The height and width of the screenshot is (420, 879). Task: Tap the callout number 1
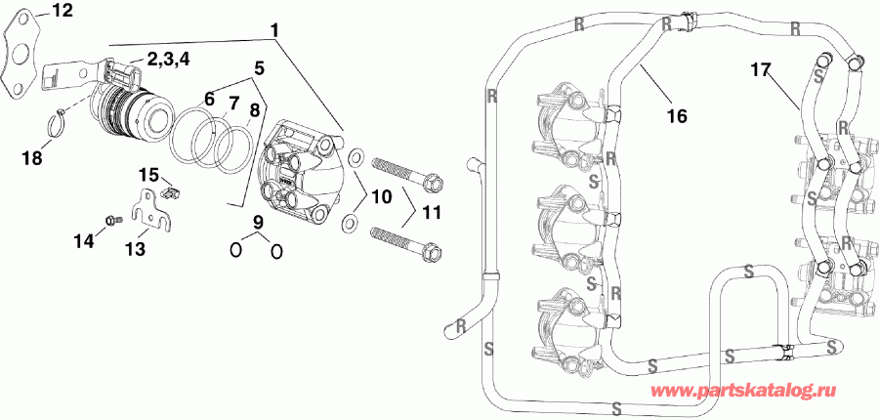coord(275,30)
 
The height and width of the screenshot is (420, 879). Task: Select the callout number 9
coord(257,223)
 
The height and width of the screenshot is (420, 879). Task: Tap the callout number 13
coord(135,249)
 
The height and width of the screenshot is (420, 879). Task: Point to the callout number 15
coord(147,175)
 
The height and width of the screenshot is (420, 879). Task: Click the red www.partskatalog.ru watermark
coord(763,391)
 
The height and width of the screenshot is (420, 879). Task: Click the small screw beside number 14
coord(110,220)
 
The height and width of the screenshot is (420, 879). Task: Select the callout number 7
coord(233,103)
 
